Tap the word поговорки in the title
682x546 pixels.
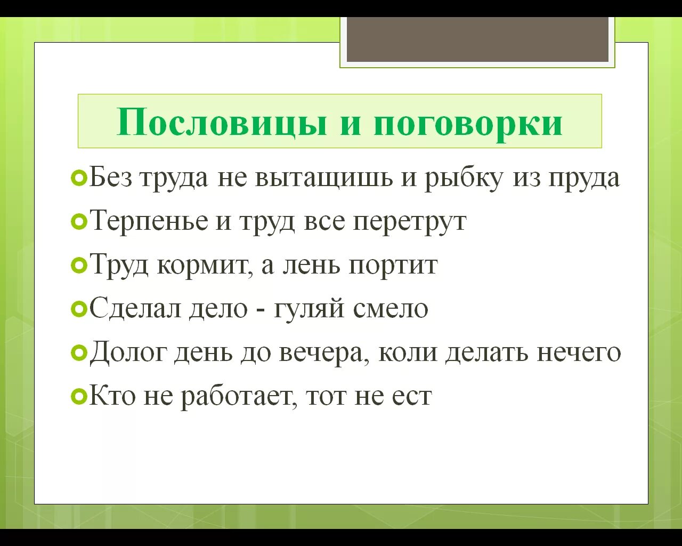tap(468, 122)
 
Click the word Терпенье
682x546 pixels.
tap(149, 221)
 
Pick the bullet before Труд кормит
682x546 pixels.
tap(78, 265)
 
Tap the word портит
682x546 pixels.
tap(393, 266)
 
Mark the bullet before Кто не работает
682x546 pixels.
tap(78, 396)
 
